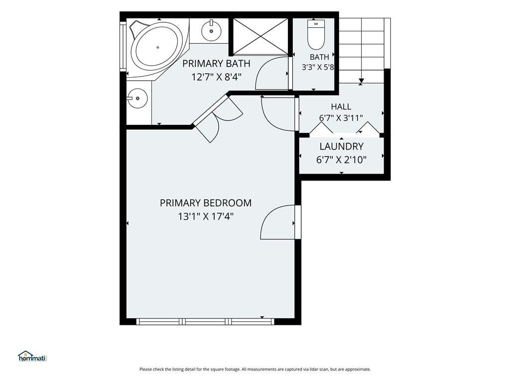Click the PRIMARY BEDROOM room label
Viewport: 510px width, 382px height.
(206, 203)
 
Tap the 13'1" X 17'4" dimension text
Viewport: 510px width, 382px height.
(206, 216)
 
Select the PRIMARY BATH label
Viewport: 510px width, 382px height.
(216, 63)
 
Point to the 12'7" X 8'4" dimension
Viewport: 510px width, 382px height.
(216, 77)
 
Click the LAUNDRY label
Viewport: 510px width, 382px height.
(341, 147)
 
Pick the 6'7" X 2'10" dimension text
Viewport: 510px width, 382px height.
(341, 160)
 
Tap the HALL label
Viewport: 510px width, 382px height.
(341, 106)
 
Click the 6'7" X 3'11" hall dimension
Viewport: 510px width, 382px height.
(341, 117)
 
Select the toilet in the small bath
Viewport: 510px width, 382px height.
(316, 34)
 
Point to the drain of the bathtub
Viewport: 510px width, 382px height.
(158, 47)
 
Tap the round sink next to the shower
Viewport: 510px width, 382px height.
(211, 30)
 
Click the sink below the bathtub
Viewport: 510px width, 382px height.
(137, 98)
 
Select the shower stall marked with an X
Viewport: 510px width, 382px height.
(261, 36)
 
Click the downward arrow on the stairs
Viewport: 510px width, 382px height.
(361, 81)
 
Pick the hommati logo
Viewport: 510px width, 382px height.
(32, 356)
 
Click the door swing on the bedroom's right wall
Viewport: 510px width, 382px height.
(278, 222)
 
